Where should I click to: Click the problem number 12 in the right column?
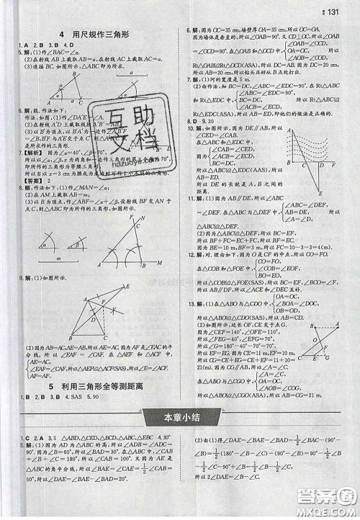tap(189, 254)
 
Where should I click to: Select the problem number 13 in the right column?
tap(189, 303)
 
